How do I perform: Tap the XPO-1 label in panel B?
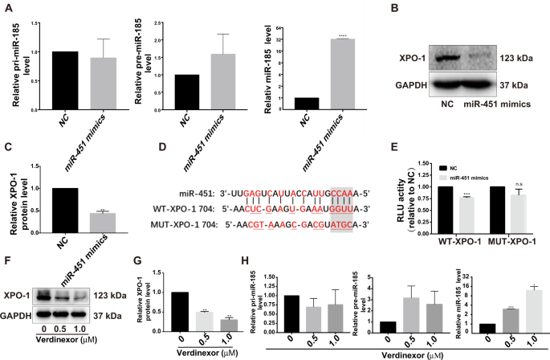(412, 59)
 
